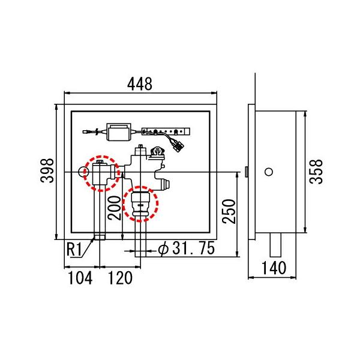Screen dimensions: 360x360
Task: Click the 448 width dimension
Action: click(x=140, y=84)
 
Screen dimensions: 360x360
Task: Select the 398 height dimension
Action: click(x=47, y=170)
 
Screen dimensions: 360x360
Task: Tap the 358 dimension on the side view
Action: click(x=316, y=172)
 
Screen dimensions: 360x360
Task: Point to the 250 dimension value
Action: click(x=229, y=211)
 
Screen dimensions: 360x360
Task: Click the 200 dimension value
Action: click(x=115, y=208)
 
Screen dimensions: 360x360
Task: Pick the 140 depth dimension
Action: click(x=274, y=268)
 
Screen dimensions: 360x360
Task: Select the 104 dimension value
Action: click(x=80, y=278)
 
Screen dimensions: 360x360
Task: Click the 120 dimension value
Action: click(x=120, y=278)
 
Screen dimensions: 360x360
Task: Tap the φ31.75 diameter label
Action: click(x=187, y=248)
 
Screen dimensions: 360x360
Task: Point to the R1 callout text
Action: click(x=74, y=250)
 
